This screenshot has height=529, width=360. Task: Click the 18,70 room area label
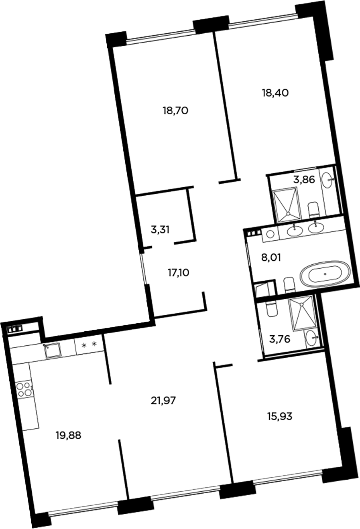pyautogui.click(x=175, y=111)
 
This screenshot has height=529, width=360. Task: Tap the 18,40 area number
pyautogui.click(x=275, y=93)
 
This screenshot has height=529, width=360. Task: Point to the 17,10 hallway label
pyautogui.click(x=178, y=273)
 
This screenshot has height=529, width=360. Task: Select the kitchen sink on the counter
pyautogui.click(x=53, y=351)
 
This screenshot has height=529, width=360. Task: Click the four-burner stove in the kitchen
pyautogui.click(x=23, y=389)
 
